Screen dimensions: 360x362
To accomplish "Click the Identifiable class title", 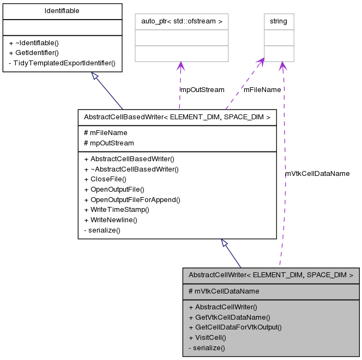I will point(62,11).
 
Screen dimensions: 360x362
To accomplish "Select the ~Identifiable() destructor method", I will point(34,42).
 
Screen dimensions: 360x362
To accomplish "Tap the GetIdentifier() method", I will point(33,52).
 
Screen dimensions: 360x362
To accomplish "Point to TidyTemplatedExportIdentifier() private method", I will point(62,63).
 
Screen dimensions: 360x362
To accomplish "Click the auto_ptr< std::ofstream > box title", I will point(181,21).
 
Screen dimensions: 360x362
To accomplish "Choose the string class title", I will point(279,21).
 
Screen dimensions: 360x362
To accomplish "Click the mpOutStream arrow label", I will point(202,89).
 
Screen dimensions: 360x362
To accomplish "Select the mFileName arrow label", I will point(262,89).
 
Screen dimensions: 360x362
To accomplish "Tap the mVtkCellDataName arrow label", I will point(317,173).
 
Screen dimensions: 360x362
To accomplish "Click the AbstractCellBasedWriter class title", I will point(177,117).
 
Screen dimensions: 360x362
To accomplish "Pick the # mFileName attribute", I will point(105,132).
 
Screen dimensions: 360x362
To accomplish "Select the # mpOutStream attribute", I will point(108,143).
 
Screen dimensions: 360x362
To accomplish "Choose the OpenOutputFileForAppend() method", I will point(132,199).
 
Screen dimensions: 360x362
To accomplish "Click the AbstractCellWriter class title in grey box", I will point(271,275).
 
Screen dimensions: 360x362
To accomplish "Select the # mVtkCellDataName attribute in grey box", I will point(224,291).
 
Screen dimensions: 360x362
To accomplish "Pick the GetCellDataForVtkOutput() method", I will point(234,327).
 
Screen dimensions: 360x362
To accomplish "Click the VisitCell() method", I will point(207,337).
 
